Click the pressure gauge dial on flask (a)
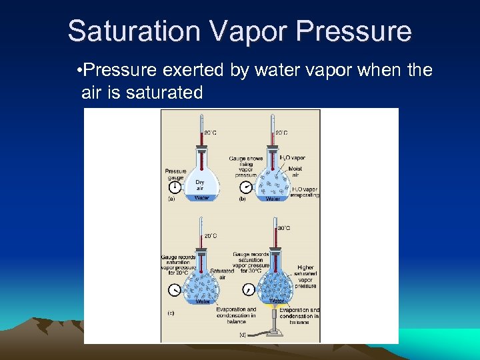pos(176,188)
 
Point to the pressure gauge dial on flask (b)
pos(246,187)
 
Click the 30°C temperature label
pos(284,228)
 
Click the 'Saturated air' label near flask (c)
pos(221,274)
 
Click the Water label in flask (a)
pos(201,197)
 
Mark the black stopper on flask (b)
pos(272,143)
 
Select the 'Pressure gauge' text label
pos(175,175)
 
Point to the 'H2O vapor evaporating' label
pos(305,192)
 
